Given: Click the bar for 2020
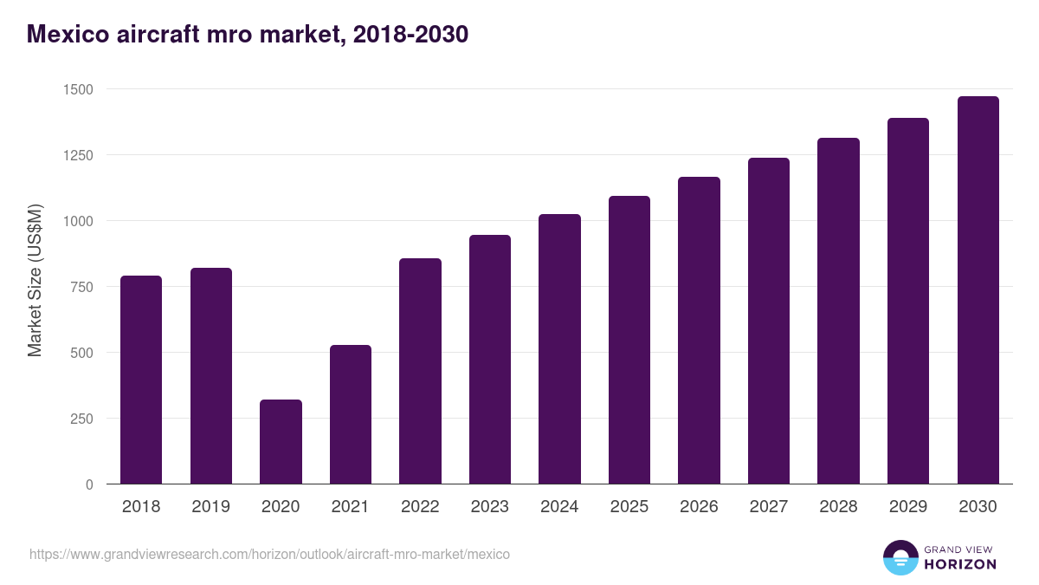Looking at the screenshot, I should click(281, 442).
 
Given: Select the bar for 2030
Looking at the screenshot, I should click(978, 290).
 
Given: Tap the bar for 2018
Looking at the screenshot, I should click(141, 380).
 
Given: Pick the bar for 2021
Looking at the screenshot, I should click(351, 414).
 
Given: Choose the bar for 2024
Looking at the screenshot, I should click(559, 348).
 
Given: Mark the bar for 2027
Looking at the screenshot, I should click(769, 321).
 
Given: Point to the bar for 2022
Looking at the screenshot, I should click(420, 371).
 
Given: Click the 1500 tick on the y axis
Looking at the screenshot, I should click(77, 89).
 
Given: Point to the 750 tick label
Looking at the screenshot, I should click(81, 287).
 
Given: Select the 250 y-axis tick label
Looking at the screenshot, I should click(81, 419).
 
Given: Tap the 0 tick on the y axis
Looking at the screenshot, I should click(89, 484).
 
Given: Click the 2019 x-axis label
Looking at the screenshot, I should click(210, 507).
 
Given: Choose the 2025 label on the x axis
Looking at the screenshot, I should click(629, 507).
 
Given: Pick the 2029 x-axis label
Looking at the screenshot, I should click(907, 507).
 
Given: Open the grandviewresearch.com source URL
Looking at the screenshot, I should click(269, 554).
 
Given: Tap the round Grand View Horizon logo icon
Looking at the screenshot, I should click(900, 557).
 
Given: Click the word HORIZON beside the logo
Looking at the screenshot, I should click(961, 564).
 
